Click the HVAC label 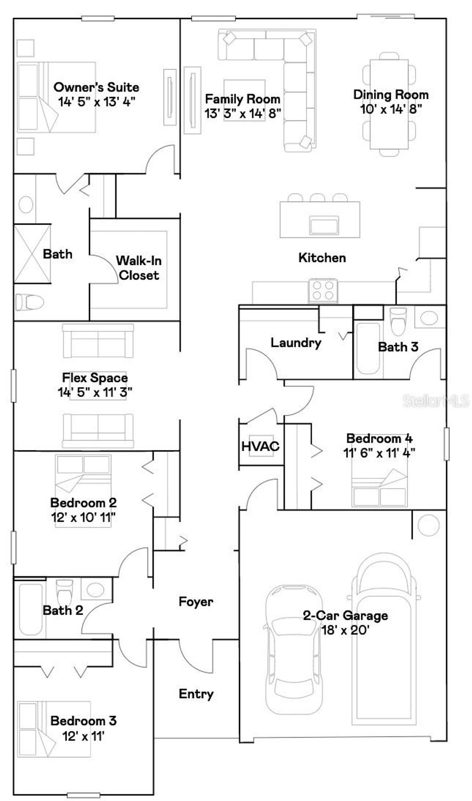point(260,446)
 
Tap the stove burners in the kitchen point(323,290)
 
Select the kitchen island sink point(324,225)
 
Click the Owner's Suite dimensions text point(96,102)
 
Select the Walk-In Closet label point(139,268)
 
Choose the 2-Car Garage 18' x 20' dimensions point(345,630)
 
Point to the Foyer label point(196,601)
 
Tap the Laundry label point(295,342)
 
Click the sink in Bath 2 point(95,589)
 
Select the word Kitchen point(322,258)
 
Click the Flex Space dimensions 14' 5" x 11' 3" point(95,392)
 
